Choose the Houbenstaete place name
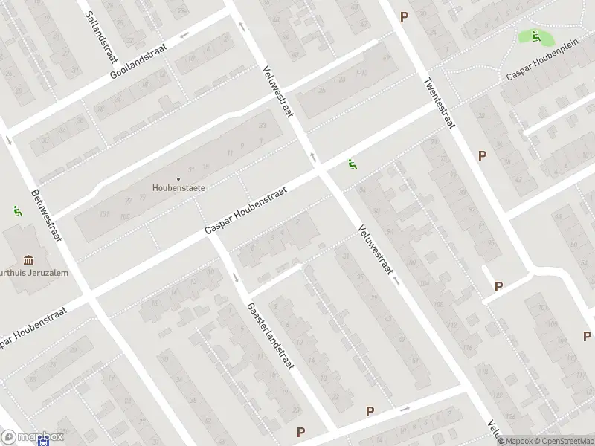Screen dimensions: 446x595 coord(178,188)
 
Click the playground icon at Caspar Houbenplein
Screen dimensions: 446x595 coord(535,36)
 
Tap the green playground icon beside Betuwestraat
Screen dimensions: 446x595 coord(16,211)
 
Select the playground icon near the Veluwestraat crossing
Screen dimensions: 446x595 coord(351,164)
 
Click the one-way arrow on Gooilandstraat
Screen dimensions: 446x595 coord(184,34)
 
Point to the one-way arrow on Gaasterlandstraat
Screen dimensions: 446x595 coord(236,278)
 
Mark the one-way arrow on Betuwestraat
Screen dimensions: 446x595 coord(8,140)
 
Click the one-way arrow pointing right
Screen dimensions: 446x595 coord(405,409)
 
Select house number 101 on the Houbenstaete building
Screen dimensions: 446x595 coord(104,215)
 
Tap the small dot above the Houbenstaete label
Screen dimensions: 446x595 coord(178,178)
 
